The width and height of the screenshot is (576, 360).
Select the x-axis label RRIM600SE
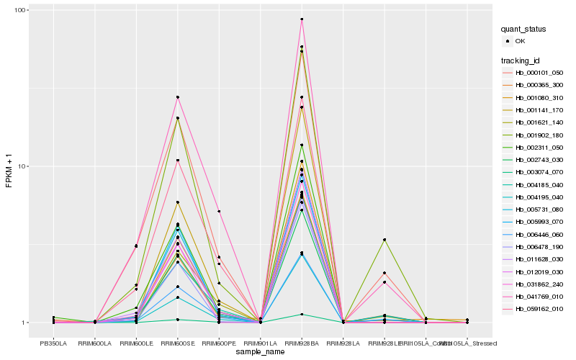click(x=177, y=343)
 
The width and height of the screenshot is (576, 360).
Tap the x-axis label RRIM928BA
click(x=302, y=343)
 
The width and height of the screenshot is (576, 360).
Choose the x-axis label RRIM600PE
click(x=219, y=343)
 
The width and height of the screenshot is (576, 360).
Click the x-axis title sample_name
click(x=260, y=353)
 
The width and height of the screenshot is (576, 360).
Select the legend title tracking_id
click(x=522, y=60)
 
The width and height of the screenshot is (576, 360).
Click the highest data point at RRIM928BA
click(x=302, y=19)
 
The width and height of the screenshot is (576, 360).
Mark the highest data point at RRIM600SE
click(x=177, y=97)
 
